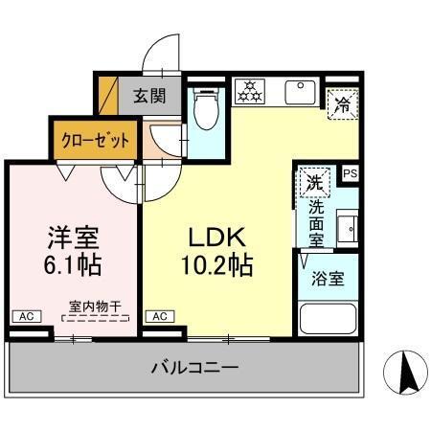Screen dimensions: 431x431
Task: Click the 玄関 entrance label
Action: [147, 96]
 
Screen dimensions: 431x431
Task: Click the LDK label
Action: [217, 237]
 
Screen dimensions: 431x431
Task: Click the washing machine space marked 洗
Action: [314, 179]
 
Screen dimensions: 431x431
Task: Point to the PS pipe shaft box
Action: [350, 173]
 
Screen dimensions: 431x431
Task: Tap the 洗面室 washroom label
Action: [315, 219]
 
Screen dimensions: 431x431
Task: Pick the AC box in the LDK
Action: [159, 315]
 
